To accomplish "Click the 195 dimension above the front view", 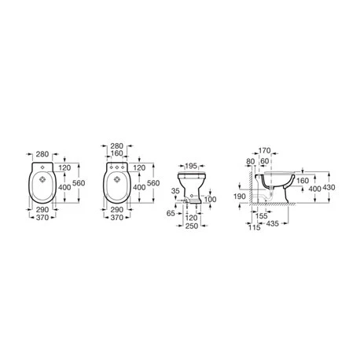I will pos(188,166).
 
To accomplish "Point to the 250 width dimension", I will pos(189,227).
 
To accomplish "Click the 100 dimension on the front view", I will pos(210,200).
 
